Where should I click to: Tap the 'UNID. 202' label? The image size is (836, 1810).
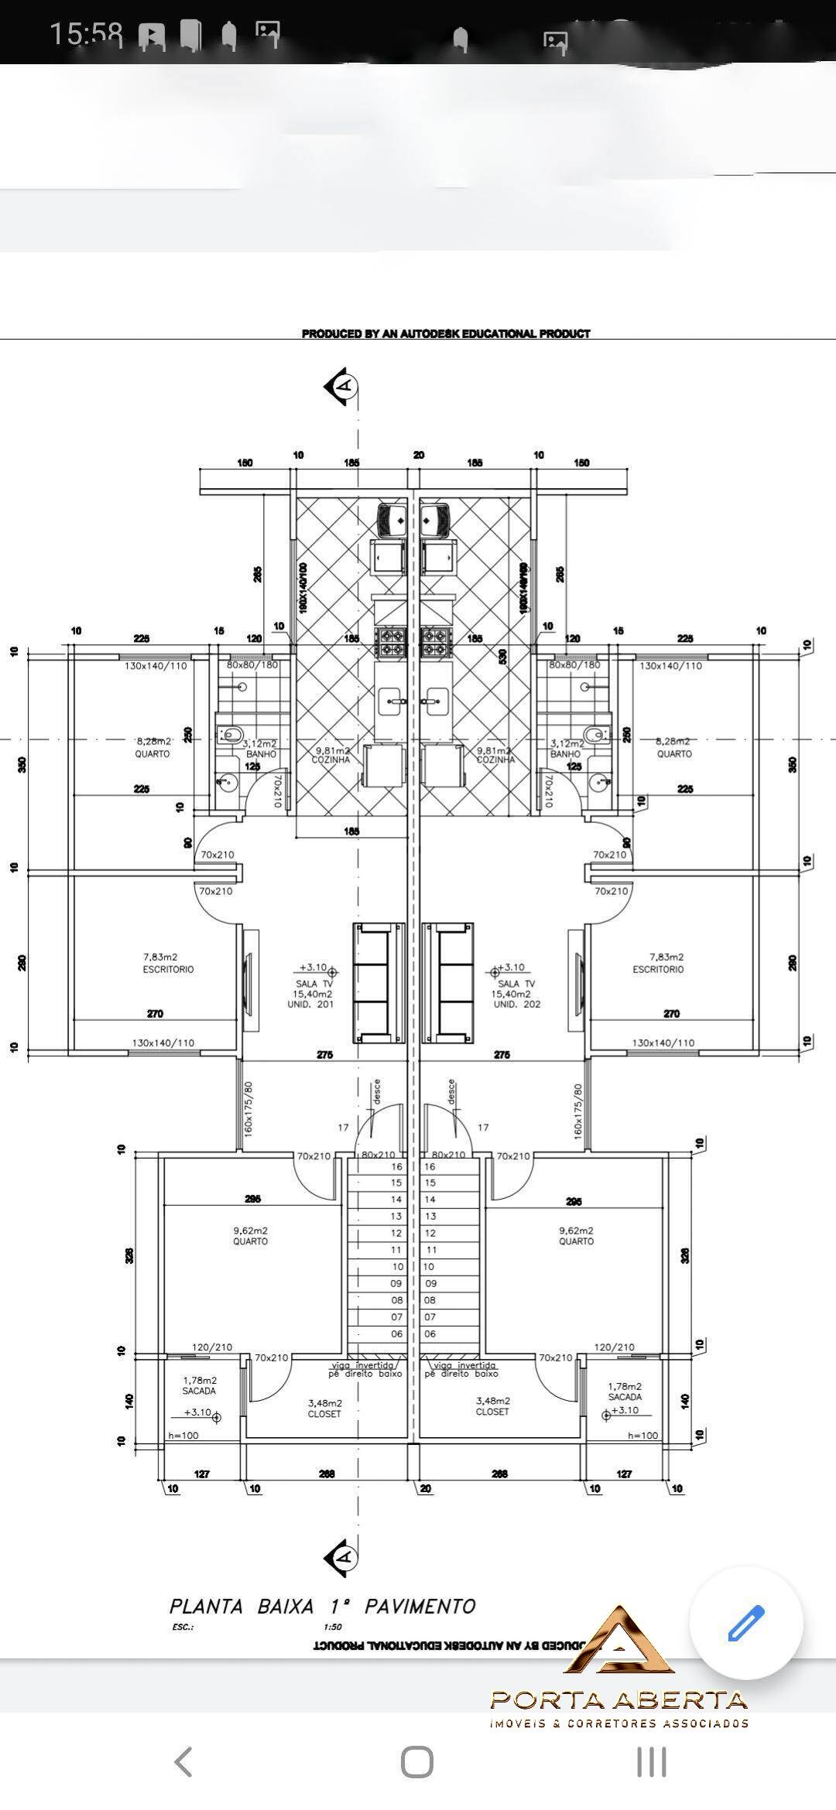[517, 1004]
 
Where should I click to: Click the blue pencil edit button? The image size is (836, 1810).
[745, 1623]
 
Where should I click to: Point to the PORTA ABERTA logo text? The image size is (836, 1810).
[619, 1700]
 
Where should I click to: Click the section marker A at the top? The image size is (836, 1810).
[341, 384]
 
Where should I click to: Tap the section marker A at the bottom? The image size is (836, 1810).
[341, 1556]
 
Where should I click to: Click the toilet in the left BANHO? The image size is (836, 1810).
[231, 733]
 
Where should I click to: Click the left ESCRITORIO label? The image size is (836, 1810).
[168, 969]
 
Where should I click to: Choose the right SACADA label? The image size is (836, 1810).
[625, 1397]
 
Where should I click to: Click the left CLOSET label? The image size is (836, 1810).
[324, 1413]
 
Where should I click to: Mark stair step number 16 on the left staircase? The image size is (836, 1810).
[397, 1166]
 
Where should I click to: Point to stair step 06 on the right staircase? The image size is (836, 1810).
[430, 1334]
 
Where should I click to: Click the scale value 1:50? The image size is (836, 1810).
[333, 1627]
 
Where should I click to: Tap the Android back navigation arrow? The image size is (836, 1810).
[183, 1762]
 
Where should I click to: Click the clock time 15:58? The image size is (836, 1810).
[86, 34]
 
